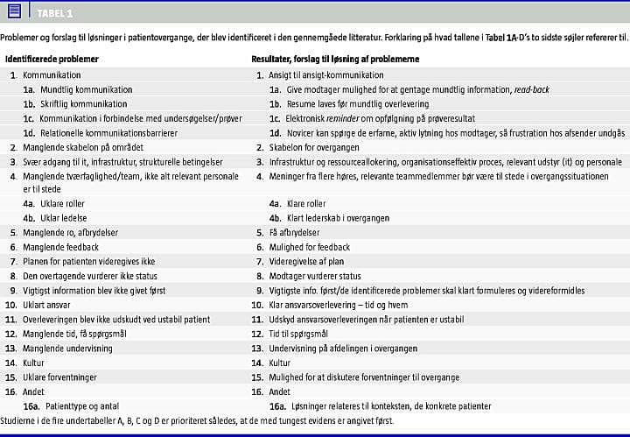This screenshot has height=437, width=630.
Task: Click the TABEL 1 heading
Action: [55, 14]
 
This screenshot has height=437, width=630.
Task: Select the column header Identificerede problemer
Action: [52, 60]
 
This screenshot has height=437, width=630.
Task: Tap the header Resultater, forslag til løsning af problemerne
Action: [335, 60]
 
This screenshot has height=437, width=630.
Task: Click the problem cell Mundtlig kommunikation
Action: [85, 90]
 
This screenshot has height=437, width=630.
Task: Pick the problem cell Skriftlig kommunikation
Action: [83, 104]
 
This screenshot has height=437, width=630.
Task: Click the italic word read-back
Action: [533, 90]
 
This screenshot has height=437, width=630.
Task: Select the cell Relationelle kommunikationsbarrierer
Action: [108, 133]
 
